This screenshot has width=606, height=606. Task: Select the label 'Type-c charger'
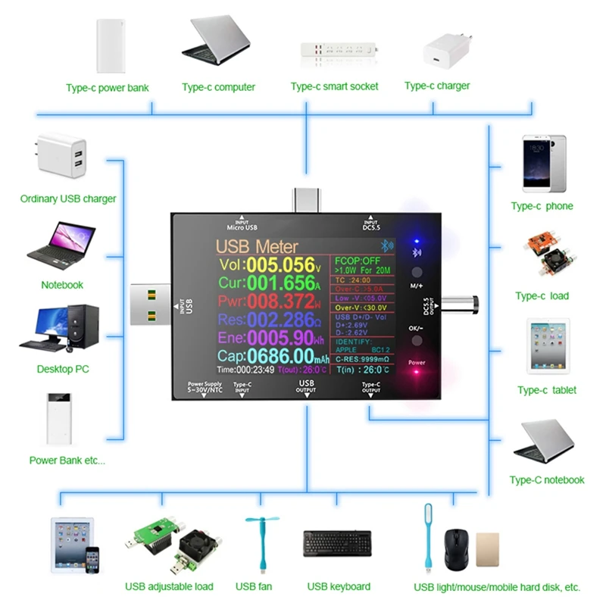point(437,86)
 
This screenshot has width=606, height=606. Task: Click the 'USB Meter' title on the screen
point(257,246)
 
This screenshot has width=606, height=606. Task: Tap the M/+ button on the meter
point(417,273)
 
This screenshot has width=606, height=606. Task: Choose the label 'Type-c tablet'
point(547,390)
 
